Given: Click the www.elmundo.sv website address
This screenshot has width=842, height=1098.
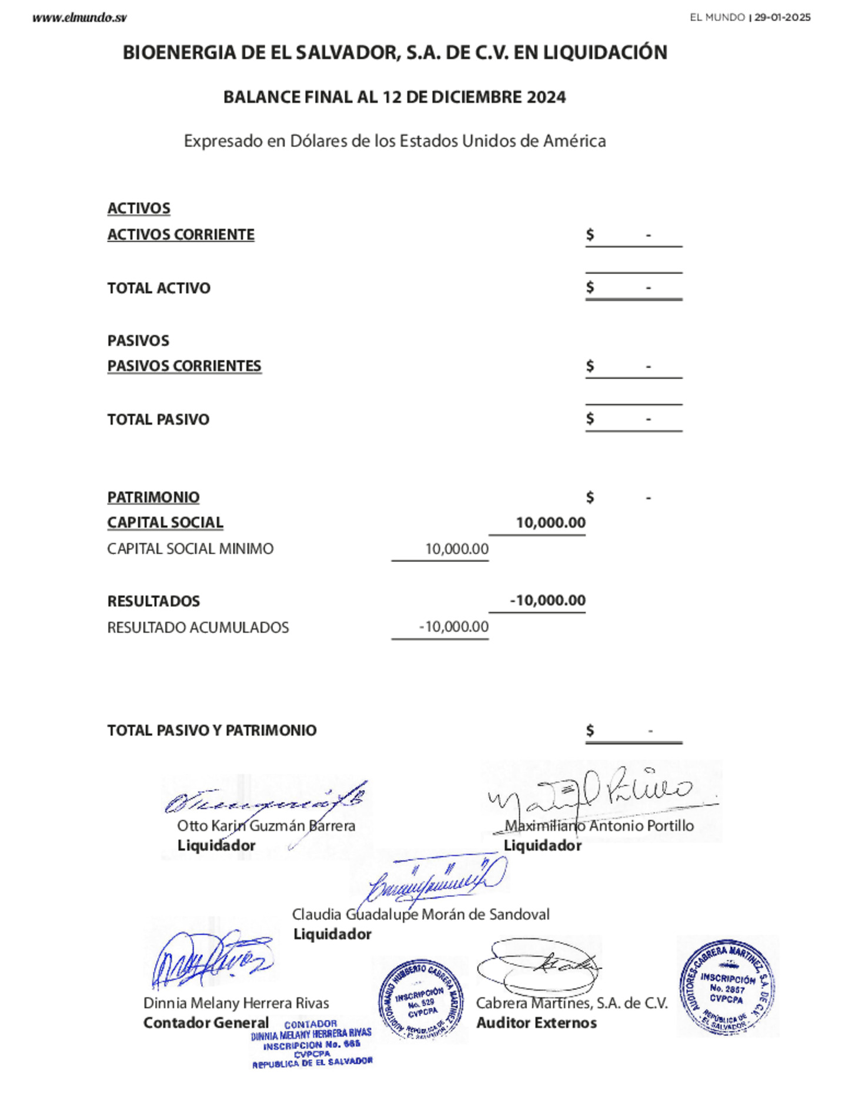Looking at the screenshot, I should [x=79, y=18].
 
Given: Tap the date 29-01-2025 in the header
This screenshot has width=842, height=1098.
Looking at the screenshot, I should [x=782, y=18].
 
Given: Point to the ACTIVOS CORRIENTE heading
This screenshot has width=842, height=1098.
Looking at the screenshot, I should [x=181, y=235].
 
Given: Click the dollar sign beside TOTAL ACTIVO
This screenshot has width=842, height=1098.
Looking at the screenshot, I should [x=590, y=287].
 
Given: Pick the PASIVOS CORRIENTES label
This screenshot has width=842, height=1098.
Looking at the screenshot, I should [x=184, y=366].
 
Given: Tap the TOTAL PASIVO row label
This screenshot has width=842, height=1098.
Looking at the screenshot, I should [x=158, y=419].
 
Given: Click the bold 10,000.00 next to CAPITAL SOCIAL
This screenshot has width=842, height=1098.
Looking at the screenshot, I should [x=550, y=523].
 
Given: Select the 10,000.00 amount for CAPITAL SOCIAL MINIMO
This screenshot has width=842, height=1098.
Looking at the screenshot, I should [x=457, y=549].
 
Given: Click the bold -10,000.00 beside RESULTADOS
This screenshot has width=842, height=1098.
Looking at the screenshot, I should [x=547, y=600].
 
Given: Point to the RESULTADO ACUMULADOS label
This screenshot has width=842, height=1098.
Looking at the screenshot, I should [x=198, y=627].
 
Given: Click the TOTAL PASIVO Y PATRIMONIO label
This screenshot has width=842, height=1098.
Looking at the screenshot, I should [x=212, y=730].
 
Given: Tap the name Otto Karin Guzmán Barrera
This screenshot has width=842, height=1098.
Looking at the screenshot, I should [x=266, y=825].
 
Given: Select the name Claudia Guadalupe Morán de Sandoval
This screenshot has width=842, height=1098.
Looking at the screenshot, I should [x=420, y=914].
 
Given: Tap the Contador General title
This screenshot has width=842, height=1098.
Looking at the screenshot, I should [x=206, y=1023].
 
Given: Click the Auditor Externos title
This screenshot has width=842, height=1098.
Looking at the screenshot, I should [x=536, y=1023].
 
